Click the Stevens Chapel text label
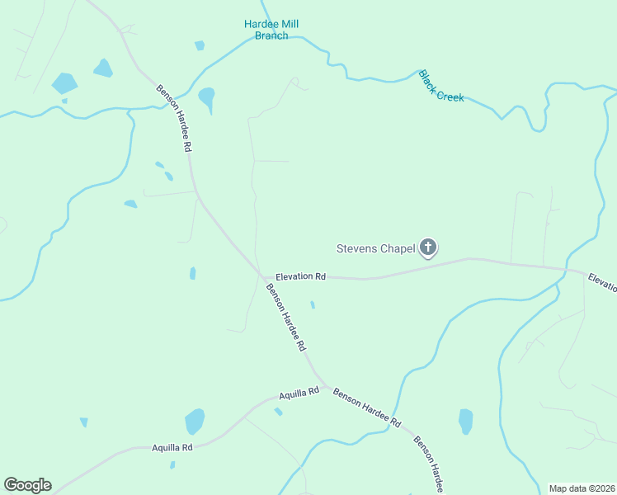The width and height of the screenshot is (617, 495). pos(375,248)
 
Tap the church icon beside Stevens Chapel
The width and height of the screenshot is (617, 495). pos(428,247)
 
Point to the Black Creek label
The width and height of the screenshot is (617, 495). pos(441,86)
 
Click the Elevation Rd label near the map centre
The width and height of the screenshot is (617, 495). pos(300,277)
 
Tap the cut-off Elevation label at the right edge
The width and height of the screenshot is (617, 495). pos(603,282)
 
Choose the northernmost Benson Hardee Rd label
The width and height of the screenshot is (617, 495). pos(175,117)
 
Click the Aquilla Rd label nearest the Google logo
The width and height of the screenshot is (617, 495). pos(172,447)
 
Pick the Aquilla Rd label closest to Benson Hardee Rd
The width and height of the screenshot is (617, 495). pos(299,394)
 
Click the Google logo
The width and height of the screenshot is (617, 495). pos(27,485)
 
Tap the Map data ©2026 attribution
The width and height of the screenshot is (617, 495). pos(582,488)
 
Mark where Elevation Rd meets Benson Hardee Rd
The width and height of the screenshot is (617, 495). pos(261,276)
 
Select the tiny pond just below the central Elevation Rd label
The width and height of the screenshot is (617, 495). pos(312,305)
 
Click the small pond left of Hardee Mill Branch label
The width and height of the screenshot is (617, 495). pos(199,45)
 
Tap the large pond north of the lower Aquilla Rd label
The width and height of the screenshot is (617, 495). pos(194,421)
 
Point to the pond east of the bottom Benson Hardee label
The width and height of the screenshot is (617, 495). pos(466,421)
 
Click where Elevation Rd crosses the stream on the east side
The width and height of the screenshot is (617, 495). pos(567,269)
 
